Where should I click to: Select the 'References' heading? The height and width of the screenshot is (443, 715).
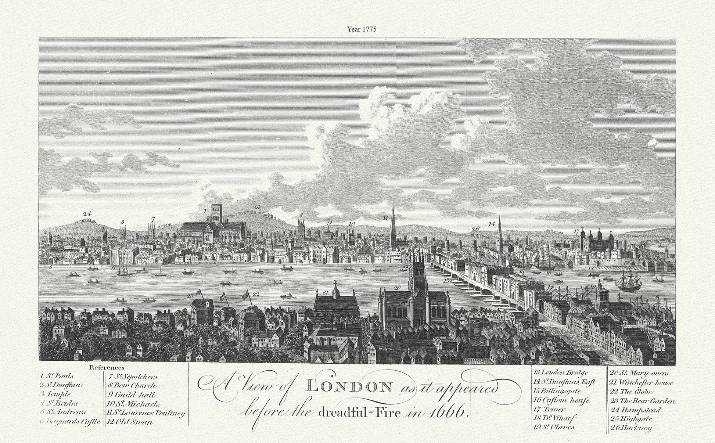tap(107, 367)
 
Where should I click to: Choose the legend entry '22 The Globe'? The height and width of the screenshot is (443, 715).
tap(631, 392)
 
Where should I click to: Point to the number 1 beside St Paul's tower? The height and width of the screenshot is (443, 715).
tap(205, 211)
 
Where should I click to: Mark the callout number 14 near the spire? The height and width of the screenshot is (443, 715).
tap(492, 223)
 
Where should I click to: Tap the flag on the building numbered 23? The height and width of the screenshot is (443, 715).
tap(199, 293)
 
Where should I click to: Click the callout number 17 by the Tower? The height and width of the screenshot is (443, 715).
tap(576, 231)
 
